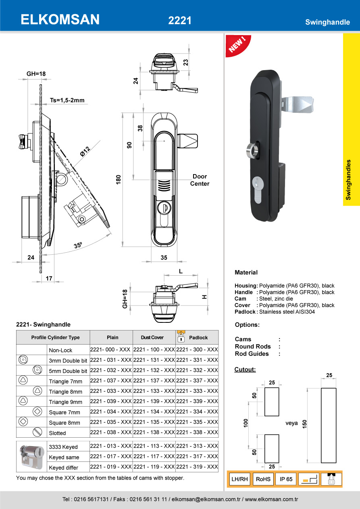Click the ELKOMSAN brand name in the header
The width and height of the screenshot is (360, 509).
click(60, 19)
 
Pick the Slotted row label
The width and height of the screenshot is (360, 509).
click(57, 433)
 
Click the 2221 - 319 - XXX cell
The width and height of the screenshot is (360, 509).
click(197, 467)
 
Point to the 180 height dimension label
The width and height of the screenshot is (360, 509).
click(119, 179)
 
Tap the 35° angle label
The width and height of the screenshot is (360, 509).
click(78, 245)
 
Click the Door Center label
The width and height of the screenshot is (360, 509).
click(200, 180)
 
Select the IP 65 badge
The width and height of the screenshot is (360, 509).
click(286, 479)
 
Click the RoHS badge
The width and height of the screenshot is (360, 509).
click(263, 479)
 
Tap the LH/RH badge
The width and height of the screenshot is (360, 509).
click(239, 479)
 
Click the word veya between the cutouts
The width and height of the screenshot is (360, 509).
click(291, 423)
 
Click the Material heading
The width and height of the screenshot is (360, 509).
click(246, 272)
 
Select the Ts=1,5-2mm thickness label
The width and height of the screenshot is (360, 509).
click(67, 100)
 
